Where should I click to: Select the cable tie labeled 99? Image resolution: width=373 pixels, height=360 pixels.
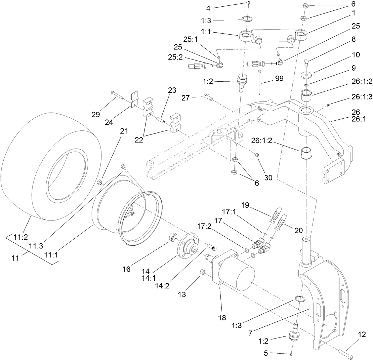click(x=261, y=82)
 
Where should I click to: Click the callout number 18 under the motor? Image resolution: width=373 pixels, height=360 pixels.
click(x=222, y=317)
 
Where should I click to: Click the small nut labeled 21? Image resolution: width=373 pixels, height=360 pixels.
click(x=99, y=182)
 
